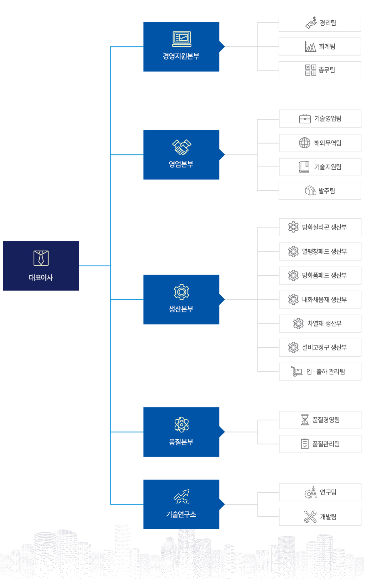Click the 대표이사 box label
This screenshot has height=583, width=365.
pos(41,277)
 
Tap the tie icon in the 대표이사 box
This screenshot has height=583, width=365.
pos(41,258)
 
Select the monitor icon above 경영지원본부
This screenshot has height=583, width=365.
pos(182,39)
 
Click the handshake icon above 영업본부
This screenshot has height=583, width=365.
pos(182,147)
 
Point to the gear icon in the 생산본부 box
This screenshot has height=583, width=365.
pos(181,292)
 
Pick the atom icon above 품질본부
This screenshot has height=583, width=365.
pos(181,424)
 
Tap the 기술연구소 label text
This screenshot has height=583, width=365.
pos(181,514)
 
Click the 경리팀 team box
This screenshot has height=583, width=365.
pos(320,23)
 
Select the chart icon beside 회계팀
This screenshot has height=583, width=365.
pos(310,46)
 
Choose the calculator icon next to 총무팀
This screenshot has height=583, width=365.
pos(310,70)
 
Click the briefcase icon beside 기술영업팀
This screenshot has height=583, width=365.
pos(305,118)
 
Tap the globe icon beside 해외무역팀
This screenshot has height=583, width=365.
pos(305,143)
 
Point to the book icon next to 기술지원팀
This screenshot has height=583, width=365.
pos(304,167)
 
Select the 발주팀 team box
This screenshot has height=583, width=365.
pos(320,191)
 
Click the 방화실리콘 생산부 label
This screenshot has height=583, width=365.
pos(324,227)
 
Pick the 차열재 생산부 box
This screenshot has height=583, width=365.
pos(320,323)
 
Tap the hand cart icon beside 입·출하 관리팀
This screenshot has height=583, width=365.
pos(296,372)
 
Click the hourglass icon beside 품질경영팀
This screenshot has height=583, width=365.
pos(305,420)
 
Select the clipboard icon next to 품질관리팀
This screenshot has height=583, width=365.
pos(305,444)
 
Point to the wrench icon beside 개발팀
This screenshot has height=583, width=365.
pos(310,516)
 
